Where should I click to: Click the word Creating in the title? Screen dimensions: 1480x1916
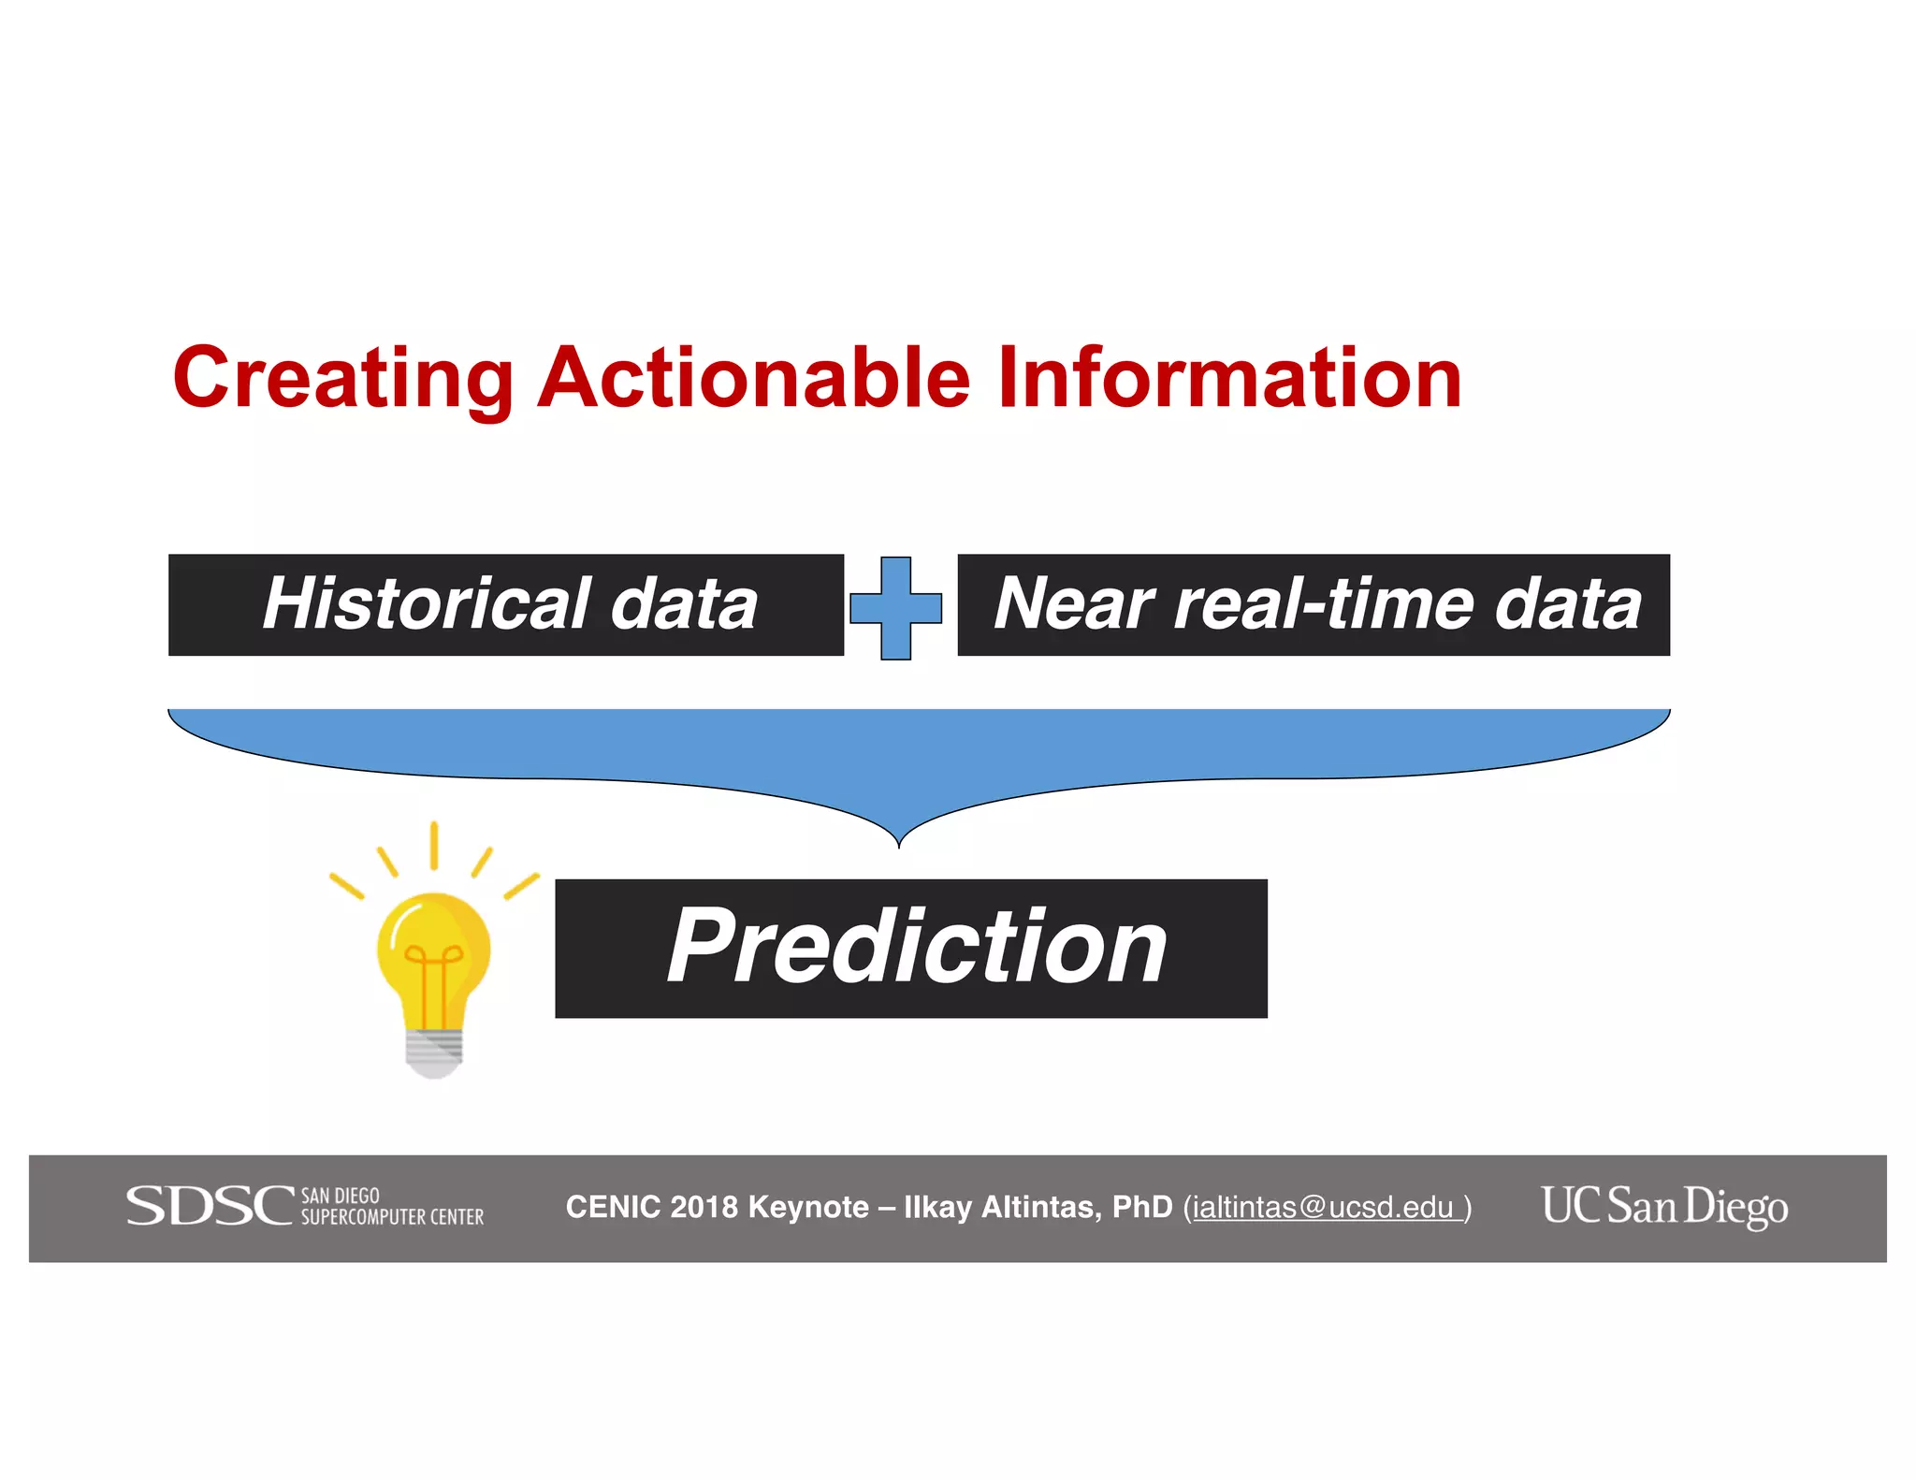(x=342, y=379)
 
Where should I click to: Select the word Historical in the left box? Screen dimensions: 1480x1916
(x=427, y=603)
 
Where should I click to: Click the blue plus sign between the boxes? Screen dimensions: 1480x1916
(x=895, y=608)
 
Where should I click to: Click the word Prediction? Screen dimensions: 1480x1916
(x=916, y=948)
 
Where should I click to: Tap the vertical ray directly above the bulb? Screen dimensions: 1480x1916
(x=434, y=845)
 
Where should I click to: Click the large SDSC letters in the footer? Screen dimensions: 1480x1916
(x=210, y=1206)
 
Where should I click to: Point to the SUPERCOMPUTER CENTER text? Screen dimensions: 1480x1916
(x=392, y=1217)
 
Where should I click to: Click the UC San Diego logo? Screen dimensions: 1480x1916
(x=1664, y=1206)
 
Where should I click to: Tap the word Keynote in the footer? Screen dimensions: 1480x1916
(x=808, y=1208)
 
